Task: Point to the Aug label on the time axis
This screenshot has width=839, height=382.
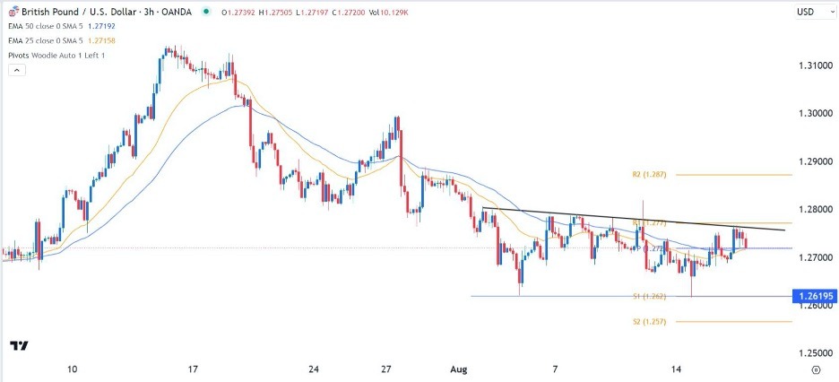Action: pyautogui.click(x=451, y=369)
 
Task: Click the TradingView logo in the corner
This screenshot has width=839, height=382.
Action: pyautogui.click(x=19, y=345)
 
